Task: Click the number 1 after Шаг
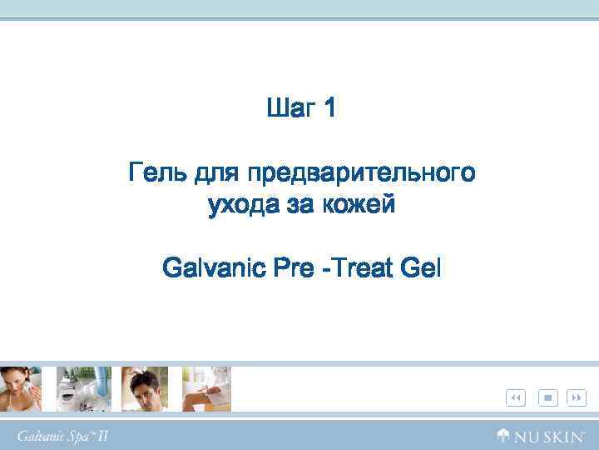329,108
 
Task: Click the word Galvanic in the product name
211,269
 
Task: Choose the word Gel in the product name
422,269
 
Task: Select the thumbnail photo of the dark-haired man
145,388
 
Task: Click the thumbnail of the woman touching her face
20,388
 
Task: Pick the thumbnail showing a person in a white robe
206,388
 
